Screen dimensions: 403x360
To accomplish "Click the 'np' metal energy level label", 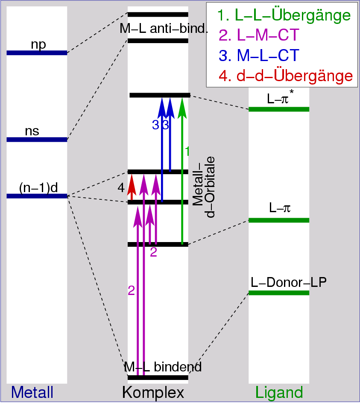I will click(38, 44).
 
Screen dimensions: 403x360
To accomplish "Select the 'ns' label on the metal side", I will click(32, 131).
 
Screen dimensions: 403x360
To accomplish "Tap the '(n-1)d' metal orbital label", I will click(38, 187).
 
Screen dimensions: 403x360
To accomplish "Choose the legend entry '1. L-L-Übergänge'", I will click(284, 16).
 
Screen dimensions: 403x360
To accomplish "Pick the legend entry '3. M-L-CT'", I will click(259, 56).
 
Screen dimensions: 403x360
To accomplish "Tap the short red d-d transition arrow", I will click(132, 187).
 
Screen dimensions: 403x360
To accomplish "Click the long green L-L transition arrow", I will click(182, 171).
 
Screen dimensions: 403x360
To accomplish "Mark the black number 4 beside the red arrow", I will click(121, 188).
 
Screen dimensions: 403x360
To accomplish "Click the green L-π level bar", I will click(278, 220).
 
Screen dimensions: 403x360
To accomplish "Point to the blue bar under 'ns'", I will click(37, 140).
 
